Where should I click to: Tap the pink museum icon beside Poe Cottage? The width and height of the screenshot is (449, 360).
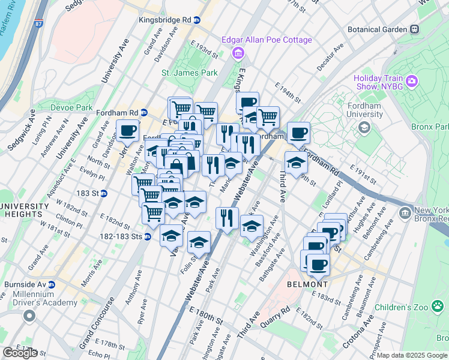pyautogui.click(x=238, y=54)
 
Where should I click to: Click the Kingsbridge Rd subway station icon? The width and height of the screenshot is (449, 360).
pyautogui.click(x=196, y=20)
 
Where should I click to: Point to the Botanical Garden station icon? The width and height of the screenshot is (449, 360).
pyautogui.click(x=414, y=29)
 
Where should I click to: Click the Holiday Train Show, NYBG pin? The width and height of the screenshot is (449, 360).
pyautogui.click(x=411, y=81)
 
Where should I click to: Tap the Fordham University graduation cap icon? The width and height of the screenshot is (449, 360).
pyautogui.click(x=364, y=127)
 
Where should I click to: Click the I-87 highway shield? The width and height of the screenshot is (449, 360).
pyautogui.click(x=38, y=24)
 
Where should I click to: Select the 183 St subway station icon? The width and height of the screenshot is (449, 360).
pyautogui.click(x=103, y=193)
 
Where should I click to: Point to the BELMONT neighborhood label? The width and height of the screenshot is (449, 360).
pyautogui.click(x=307, y=284)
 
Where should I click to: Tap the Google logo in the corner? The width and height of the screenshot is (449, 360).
pyautogui.click(x=20, y=352)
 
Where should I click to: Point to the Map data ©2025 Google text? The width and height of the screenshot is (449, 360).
pyautogui.click(x=412, y=355)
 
